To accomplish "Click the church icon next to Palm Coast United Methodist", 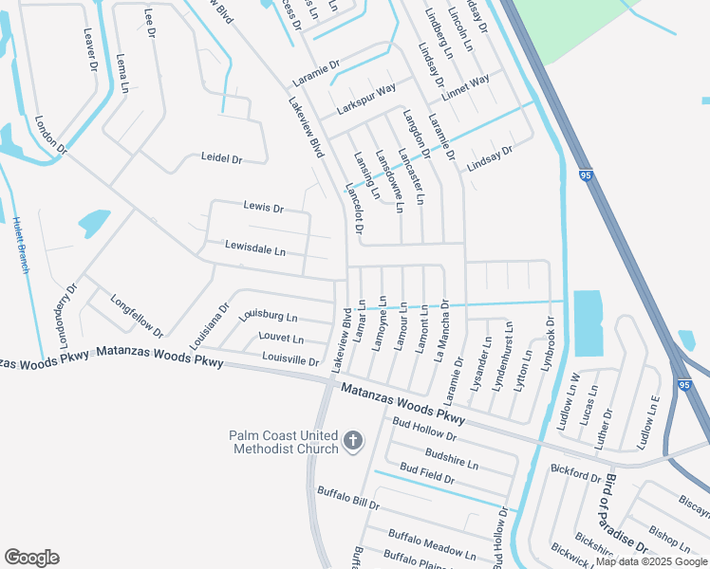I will pyautogui.click(x=352, y=440).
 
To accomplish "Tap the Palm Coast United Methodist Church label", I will pyautogui.click(x=283, y=442).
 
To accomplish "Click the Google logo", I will pyautogui.click(x=31, y=558).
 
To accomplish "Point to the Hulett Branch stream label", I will pyautogui.click(x=18, y=244).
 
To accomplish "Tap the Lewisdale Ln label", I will pyautogui.click(x=254, y=249).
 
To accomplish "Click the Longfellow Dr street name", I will pyautogui.click(x=137, y=316).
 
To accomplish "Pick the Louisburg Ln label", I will pyautogui.click(x=268, y=315).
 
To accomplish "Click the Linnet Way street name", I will pyautogui.click(x=466, y=81).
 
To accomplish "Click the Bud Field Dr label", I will pyautogui.click(x=427, y=474).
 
